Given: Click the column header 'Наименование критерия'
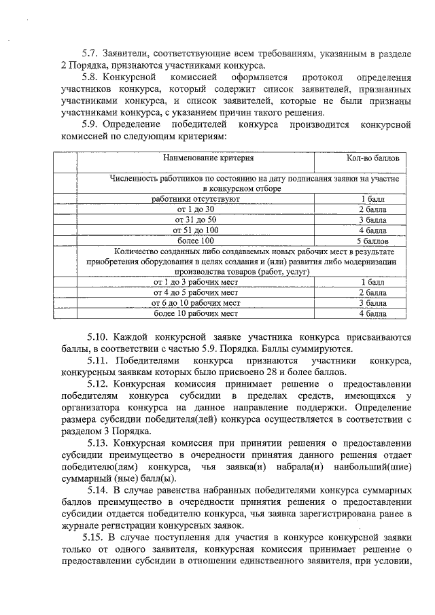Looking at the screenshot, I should coord(208,158).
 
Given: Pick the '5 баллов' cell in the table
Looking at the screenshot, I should coord(372,241).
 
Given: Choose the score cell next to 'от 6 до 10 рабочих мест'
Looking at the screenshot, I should coord(372,302).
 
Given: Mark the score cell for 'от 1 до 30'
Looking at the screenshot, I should coord(372,209).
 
